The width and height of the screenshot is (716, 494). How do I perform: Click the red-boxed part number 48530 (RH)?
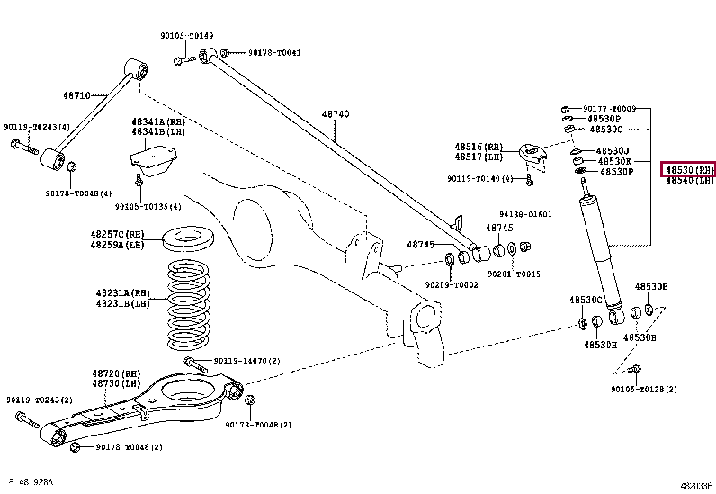coord(688,169)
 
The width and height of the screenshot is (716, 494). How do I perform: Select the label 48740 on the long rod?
coord(336,114)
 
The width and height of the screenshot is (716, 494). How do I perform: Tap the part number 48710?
coord(76,94)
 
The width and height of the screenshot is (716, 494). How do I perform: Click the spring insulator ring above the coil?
coord(190,240)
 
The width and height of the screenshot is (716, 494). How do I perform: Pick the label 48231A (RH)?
coord(121,292)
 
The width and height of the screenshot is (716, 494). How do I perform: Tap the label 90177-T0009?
coord(609,108)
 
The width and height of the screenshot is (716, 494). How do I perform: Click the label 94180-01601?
coord(525,214)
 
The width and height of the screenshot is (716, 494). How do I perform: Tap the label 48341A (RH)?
coord(158,121)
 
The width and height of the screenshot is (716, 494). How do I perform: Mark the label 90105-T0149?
coord(187,36)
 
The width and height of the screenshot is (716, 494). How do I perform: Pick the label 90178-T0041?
coord(274,53)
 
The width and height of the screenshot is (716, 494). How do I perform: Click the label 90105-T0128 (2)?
coord(643,389)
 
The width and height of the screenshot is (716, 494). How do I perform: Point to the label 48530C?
coord(585,300)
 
